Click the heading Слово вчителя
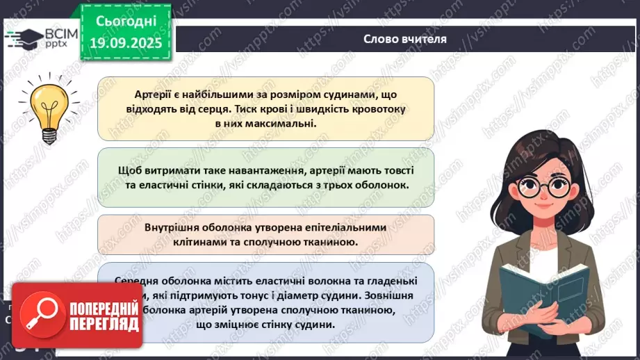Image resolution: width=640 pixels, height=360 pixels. point(404,39)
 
